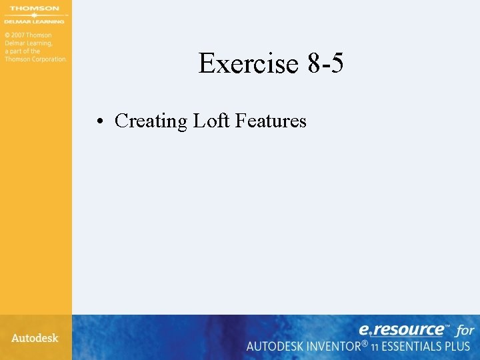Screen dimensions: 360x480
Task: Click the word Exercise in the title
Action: tap(248, 64)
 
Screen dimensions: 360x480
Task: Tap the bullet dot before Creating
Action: tap(98, 121)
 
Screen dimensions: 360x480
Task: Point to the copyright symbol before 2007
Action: tap(7, 35)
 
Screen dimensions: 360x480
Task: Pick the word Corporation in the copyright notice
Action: tap(50, 59)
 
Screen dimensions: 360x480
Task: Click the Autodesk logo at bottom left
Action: tap(35, 338)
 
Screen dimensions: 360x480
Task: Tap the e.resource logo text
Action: tap(401, 329)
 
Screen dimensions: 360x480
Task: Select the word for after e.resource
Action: tap(465, 330)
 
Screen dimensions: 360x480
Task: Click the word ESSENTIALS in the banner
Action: tap(416, 347)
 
